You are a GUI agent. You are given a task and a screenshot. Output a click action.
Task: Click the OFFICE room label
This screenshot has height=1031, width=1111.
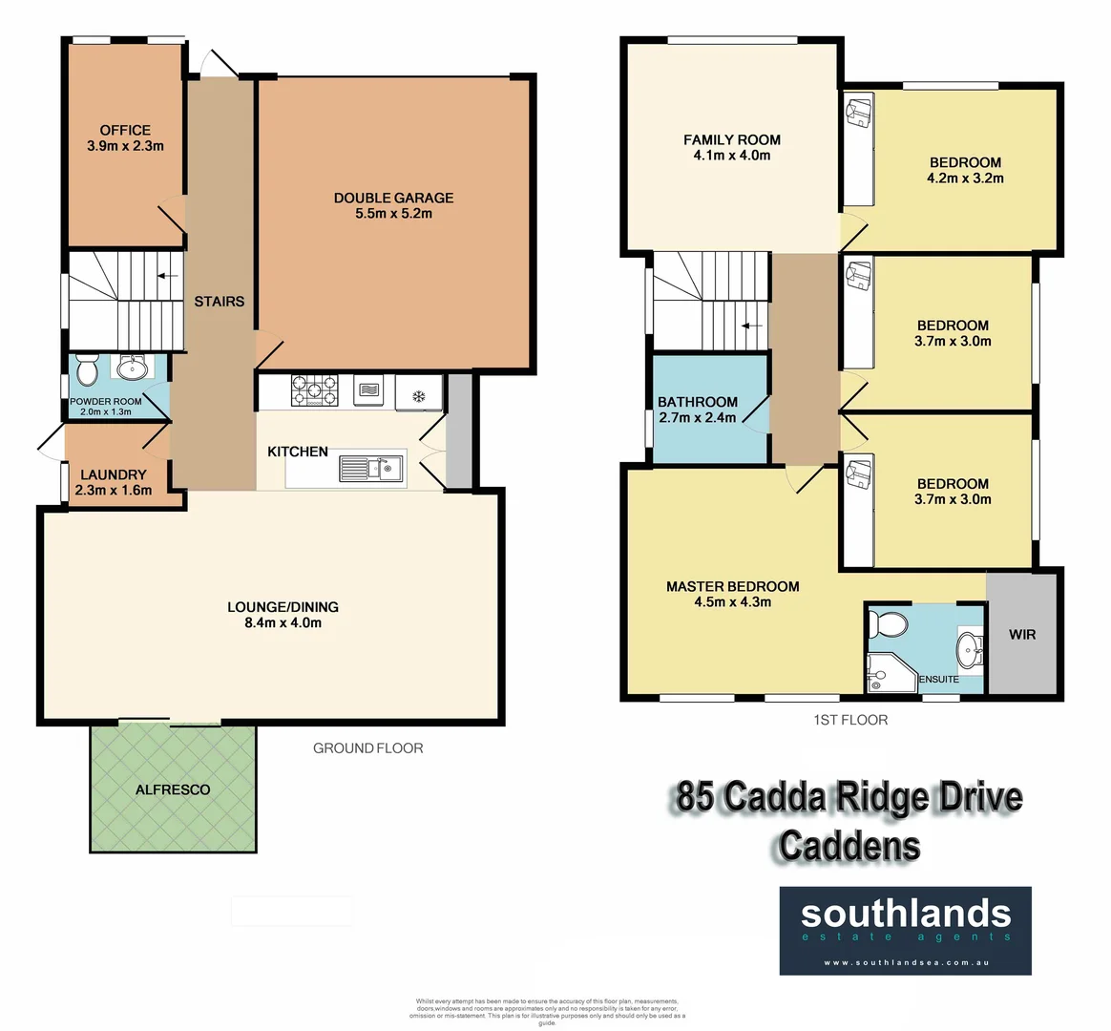125,130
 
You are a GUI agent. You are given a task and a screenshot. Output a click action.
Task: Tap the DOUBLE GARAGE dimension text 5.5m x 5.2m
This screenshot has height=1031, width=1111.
393,214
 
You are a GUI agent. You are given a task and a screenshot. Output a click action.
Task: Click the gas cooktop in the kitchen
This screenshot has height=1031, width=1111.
314,389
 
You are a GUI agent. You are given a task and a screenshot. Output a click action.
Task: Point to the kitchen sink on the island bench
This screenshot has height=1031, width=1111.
371,468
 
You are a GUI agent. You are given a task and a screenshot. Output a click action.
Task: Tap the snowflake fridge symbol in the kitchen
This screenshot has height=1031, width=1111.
418,393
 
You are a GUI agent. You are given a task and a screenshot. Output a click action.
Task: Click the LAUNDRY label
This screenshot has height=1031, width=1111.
114,474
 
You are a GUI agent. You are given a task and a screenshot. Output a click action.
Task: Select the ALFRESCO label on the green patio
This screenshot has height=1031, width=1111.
173,789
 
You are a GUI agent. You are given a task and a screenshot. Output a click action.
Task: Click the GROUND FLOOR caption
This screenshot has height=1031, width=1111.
367,747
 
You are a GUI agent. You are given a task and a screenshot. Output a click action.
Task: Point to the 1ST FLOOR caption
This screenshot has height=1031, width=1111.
850,720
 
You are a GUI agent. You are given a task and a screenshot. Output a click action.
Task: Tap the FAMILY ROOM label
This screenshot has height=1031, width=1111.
732,139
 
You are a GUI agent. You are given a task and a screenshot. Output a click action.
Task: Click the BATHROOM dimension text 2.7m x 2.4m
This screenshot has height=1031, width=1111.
697,417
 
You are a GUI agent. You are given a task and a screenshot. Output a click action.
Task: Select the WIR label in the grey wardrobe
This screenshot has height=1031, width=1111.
1021,634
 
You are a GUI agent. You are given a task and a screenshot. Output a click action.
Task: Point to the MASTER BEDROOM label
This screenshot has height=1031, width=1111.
732,586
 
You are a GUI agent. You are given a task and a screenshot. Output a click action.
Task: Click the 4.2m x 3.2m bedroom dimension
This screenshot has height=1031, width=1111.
965,178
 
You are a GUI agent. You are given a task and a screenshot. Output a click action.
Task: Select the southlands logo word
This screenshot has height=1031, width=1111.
905,914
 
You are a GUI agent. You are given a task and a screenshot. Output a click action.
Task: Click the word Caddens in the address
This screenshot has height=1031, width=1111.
849,846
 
